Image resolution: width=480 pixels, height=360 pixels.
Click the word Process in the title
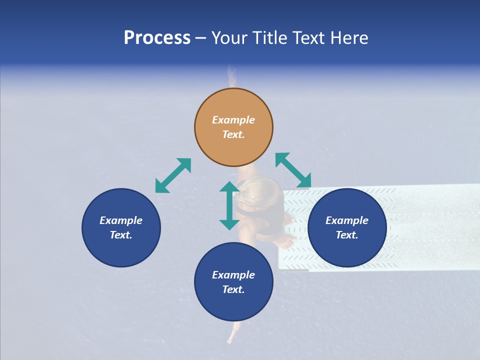click(x=157, y=38)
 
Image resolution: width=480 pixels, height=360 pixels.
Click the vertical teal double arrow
click(x=229, y=205)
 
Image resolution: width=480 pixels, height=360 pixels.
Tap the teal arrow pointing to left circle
click(x=173, y=175)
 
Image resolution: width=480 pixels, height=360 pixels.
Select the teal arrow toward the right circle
click(x=293, y=170)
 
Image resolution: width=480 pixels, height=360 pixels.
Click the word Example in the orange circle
click(x=233, y=120)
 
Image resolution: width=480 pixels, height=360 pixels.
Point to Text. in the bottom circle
click(x=233, y=289)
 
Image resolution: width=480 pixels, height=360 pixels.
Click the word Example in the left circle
click(x=121, y=220)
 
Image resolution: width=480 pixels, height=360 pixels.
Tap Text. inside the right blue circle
click(x=347, y=235)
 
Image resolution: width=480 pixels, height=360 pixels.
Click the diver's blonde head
click(x=257, y=192)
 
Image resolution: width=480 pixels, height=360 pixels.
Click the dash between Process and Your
click(x=200, y=38)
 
